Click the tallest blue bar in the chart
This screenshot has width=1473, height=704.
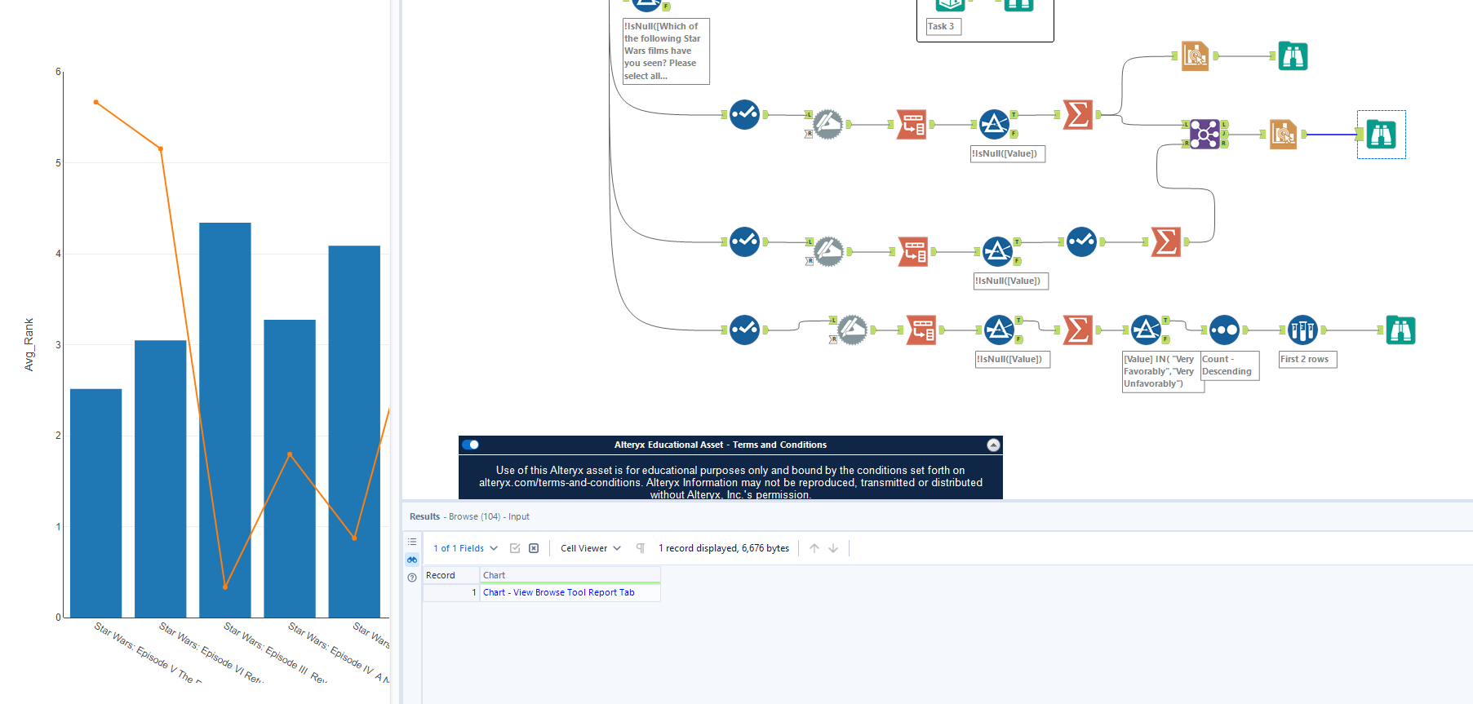point(224,419)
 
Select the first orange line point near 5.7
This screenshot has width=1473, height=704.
point(96,102)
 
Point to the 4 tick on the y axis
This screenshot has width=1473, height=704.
point(58,254)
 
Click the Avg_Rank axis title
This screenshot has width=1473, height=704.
point(29,344)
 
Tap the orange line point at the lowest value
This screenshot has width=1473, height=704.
point(225,587)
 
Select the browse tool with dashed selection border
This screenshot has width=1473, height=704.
point(1381,135)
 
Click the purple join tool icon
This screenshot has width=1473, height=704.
point(1204,135)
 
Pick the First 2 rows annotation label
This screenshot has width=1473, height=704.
point(1306,360)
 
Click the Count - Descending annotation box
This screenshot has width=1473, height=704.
point(1228,365)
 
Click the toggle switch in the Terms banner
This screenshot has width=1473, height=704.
point(471,445)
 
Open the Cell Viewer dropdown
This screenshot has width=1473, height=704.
point(591,548)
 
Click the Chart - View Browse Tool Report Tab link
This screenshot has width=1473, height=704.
point(558,593)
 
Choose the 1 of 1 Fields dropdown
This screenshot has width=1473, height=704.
point(465,548)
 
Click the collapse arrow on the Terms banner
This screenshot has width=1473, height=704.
point(993,445)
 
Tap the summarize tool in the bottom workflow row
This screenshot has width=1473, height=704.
point(1077,330)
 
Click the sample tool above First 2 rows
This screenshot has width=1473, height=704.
point(1302,330)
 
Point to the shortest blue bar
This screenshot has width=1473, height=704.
point(95,503)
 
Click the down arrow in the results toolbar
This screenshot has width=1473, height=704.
point(833,548)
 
